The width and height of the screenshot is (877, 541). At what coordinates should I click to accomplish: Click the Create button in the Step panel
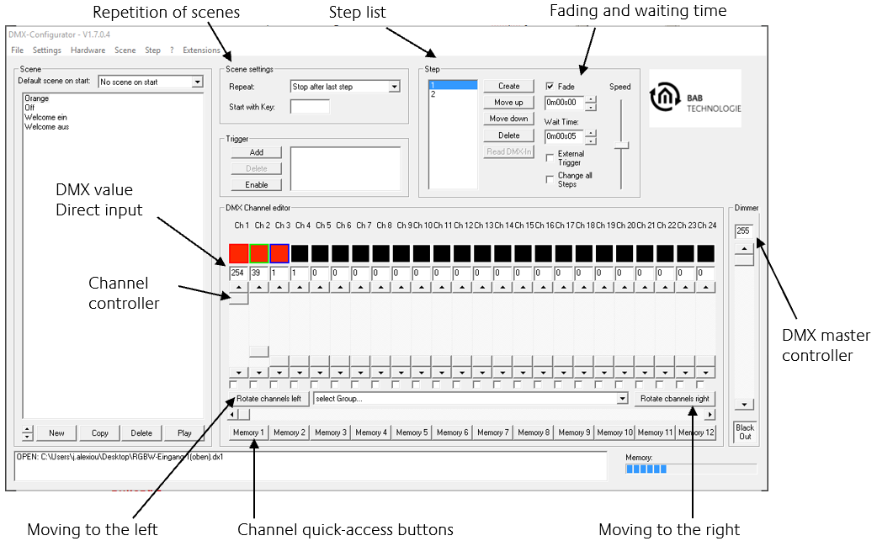point(509,86)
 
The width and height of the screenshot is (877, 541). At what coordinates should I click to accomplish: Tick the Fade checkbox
point(550,86)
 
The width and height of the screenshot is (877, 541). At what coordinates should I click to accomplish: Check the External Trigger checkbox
point(550,157)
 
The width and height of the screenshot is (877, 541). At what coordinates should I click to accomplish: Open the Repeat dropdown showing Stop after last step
point(345,87)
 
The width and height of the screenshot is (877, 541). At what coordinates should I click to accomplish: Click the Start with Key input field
point(310,107)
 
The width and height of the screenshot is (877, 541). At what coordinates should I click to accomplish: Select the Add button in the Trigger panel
point(256,152)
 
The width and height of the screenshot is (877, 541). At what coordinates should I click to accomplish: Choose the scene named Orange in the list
point(36,98)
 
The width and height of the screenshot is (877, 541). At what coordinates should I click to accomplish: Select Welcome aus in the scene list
point(46,127)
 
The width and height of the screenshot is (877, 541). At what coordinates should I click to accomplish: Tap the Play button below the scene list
point(184,432)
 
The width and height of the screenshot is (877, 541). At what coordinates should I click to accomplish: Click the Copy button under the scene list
point(99,432)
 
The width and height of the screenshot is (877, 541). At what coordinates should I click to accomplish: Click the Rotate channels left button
point(268,399)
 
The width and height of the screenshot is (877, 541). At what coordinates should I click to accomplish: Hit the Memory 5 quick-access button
point(412,432)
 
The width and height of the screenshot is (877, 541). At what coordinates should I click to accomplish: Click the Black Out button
point(745,432)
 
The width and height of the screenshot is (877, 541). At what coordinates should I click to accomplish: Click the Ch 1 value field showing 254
point(238,273)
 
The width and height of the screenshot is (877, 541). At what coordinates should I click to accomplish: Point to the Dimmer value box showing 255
point(744,231)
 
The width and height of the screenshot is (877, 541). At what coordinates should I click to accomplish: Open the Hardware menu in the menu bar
point(88,50)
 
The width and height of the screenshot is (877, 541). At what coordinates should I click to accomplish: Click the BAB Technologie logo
point(695,98)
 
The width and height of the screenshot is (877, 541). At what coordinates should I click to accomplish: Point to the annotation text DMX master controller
point(826,346)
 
